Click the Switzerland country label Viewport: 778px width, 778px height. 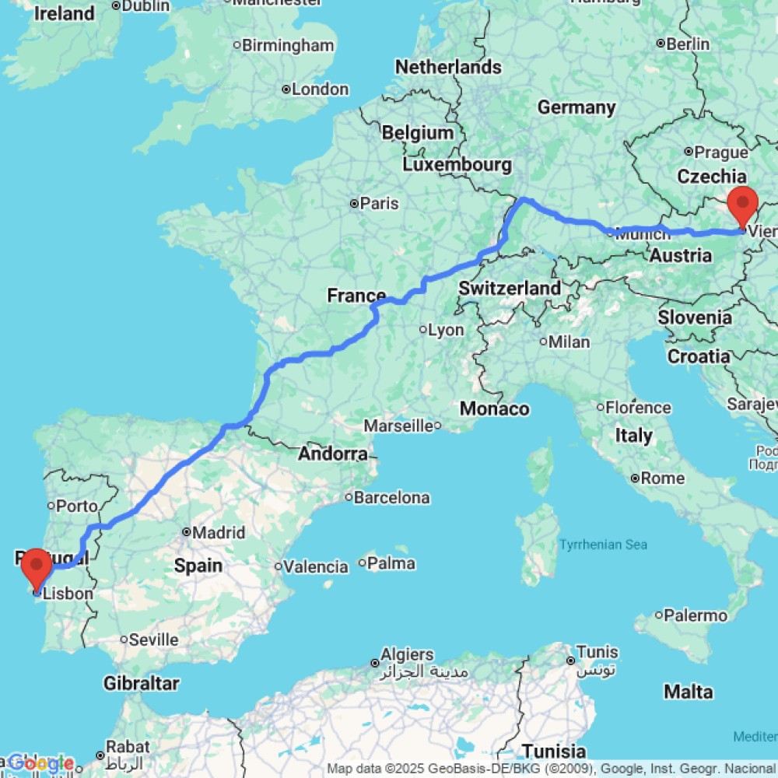point(510,288)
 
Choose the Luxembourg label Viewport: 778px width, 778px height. point(457,165)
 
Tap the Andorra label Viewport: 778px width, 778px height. point(335,454)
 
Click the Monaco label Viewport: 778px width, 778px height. point(495,408)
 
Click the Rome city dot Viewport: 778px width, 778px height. point(636,478)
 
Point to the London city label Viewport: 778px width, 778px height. point(320,89)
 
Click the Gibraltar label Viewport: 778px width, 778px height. point(141,684)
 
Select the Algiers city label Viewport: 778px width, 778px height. point(408,654)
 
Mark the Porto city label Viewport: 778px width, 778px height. point(77,506)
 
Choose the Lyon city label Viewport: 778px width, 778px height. point(446,330)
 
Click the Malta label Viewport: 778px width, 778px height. point(688,691)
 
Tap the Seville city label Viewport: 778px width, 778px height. point(153,640)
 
